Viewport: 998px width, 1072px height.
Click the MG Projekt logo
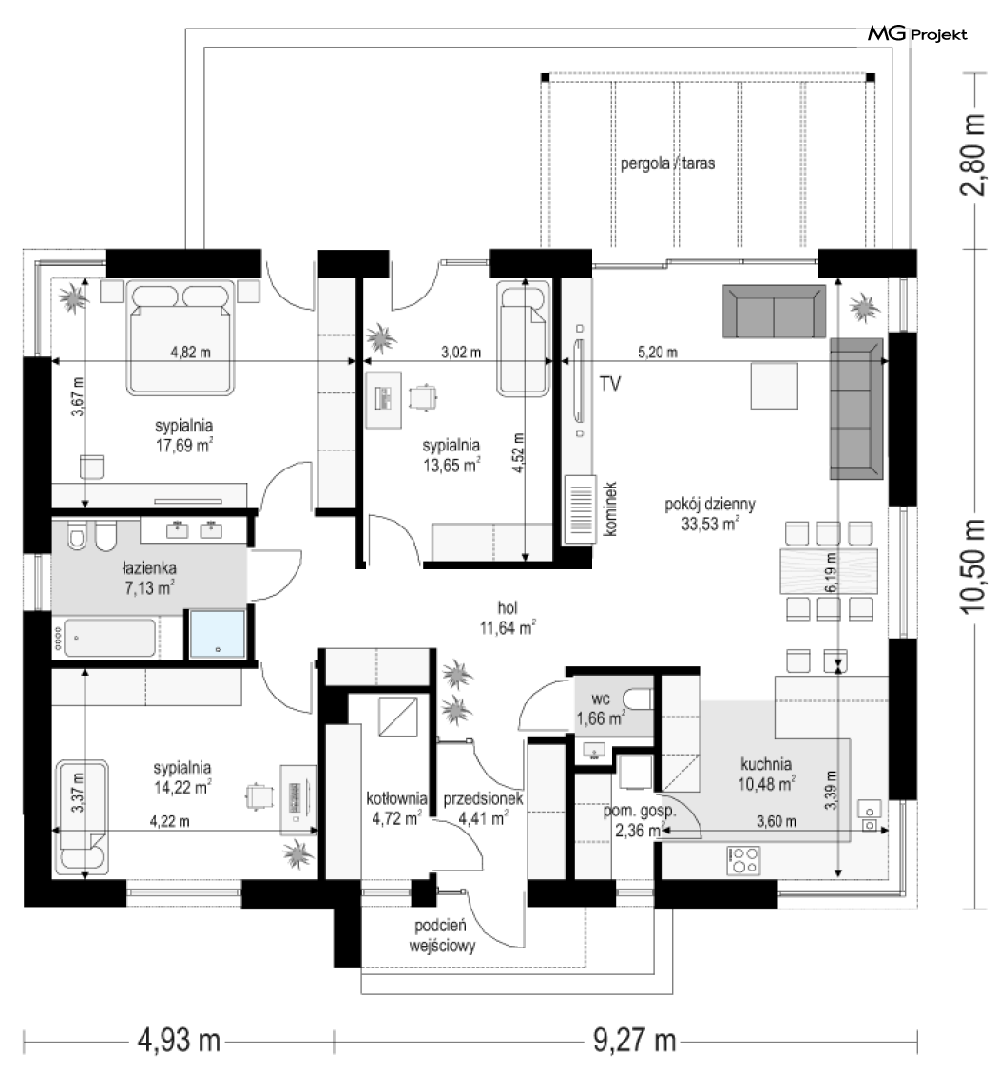917,33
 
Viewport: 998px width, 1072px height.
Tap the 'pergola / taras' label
667,163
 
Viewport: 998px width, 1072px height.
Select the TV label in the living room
610,384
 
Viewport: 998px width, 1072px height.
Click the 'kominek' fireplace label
610,508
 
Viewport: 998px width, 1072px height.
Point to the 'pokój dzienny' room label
710,505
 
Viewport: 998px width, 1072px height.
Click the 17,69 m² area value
183,446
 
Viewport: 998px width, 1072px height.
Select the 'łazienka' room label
149,567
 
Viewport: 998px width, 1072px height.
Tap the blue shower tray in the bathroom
218,634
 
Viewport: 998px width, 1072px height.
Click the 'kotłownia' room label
396,798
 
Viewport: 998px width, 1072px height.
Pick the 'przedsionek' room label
483,798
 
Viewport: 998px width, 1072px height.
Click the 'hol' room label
508,608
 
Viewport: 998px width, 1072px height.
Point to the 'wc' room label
600,699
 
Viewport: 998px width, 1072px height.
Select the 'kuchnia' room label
765,764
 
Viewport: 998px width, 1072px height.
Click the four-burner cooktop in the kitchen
743,860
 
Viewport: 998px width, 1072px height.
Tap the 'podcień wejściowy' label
442,936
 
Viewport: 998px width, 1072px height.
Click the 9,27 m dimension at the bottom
634,1041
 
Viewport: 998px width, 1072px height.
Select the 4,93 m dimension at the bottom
179,1041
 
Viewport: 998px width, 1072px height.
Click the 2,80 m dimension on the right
972,155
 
